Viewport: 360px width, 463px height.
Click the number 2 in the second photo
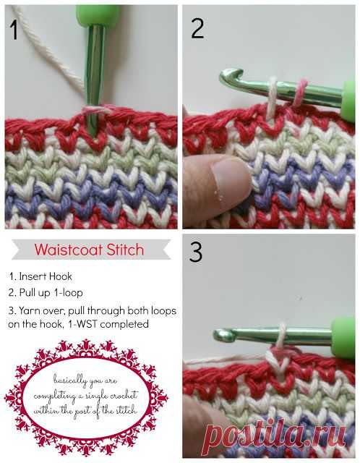197,28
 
